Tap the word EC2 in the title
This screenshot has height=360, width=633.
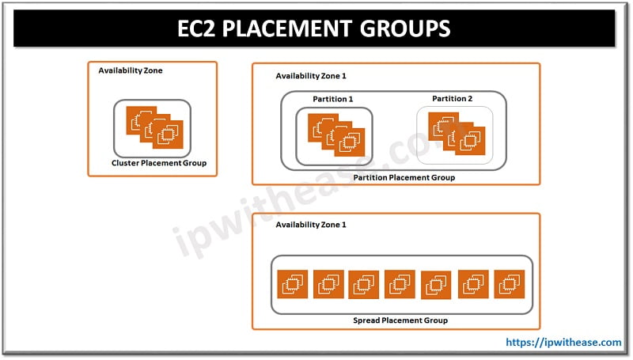pos(200,28)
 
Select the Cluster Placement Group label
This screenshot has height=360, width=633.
pos(159,163)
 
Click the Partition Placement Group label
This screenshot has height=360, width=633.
pos(404,177)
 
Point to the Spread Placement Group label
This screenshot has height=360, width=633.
pos(400,320)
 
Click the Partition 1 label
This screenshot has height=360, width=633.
pos(333,99)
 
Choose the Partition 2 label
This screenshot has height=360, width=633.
pos(452,98)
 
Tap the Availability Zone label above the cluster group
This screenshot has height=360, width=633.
pos(130,70)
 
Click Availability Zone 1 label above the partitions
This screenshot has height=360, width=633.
pos(311,76)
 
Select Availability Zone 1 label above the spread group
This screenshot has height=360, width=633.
pos(311,225)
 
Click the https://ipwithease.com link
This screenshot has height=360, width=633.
pos(563,343)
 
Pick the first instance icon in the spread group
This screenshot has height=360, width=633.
pos(293,284)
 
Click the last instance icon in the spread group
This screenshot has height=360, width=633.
pos(510,284)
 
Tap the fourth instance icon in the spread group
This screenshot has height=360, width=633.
pos(400,284)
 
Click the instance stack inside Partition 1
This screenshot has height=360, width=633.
pos(333,134)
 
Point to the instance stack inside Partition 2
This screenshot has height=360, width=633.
pos(452,132)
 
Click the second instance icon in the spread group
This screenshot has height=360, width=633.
pos(328,284)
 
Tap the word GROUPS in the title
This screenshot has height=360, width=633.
pos(404,28)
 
